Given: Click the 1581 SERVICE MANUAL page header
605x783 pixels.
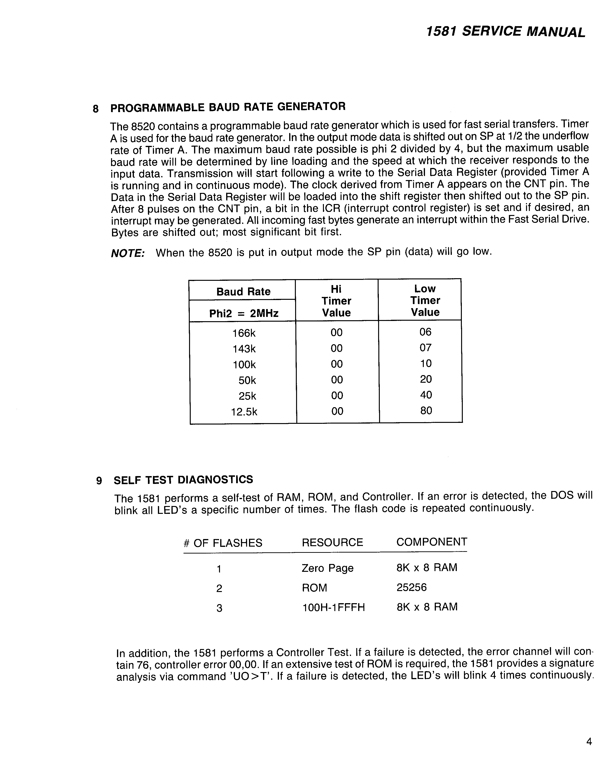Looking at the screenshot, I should point(506,32).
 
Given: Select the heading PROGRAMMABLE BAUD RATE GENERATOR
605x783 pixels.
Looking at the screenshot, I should point(228,107).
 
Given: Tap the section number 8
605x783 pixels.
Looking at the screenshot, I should point(95,109).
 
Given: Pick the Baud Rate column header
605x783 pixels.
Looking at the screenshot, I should point(243,292).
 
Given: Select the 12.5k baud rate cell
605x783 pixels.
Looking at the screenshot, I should point(244,412).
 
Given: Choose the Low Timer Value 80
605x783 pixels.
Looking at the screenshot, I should point(426,411).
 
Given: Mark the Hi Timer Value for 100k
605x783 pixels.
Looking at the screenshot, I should point(337,364).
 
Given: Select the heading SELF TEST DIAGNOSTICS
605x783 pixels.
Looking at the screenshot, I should point(183,480).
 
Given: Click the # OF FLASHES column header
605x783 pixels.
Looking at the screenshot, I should point(223,543).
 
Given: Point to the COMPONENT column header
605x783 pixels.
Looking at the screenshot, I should point(432,542).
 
